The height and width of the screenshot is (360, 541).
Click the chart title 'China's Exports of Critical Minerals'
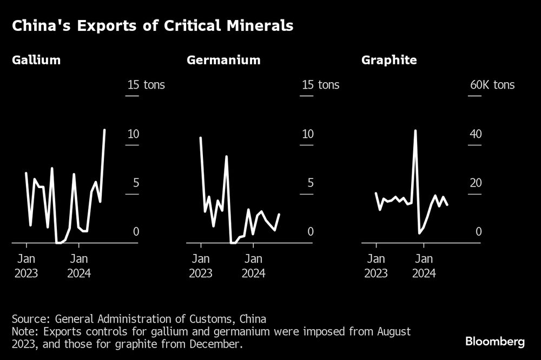click(153, 26)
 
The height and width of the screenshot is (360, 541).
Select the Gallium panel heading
click(36, 60)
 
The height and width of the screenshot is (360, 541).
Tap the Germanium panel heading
click(223, 60)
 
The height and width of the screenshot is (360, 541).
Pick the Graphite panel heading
click(389, 60)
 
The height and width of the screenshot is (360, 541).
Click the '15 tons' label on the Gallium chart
click(146, 85)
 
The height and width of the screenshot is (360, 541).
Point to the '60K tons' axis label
click(492, 85)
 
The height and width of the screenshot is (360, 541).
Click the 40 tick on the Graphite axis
click(476, 134)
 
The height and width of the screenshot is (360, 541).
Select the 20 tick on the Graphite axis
click(476, 183)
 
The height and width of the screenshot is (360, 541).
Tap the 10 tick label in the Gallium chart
click(133, 134)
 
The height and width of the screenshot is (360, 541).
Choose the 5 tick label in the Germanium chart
click(311, 183)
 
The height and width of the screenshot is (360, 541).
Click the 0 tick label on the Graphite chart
click(478, 231)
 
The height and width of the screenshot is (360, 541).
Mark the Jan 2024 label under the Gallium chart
click(79, 266)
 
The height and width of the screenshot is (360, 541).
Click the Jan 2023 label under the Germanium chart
click(201, 266)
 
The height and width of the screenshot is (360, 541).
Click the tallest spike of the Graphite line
click(415, 131)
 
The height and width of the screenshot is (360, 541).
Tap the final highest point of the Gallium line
click(104, 130)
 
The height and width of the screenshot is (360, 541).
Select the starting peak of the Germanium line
click(201, 138)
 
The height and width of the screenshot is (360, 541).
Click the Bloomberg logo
click(495, 342)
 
